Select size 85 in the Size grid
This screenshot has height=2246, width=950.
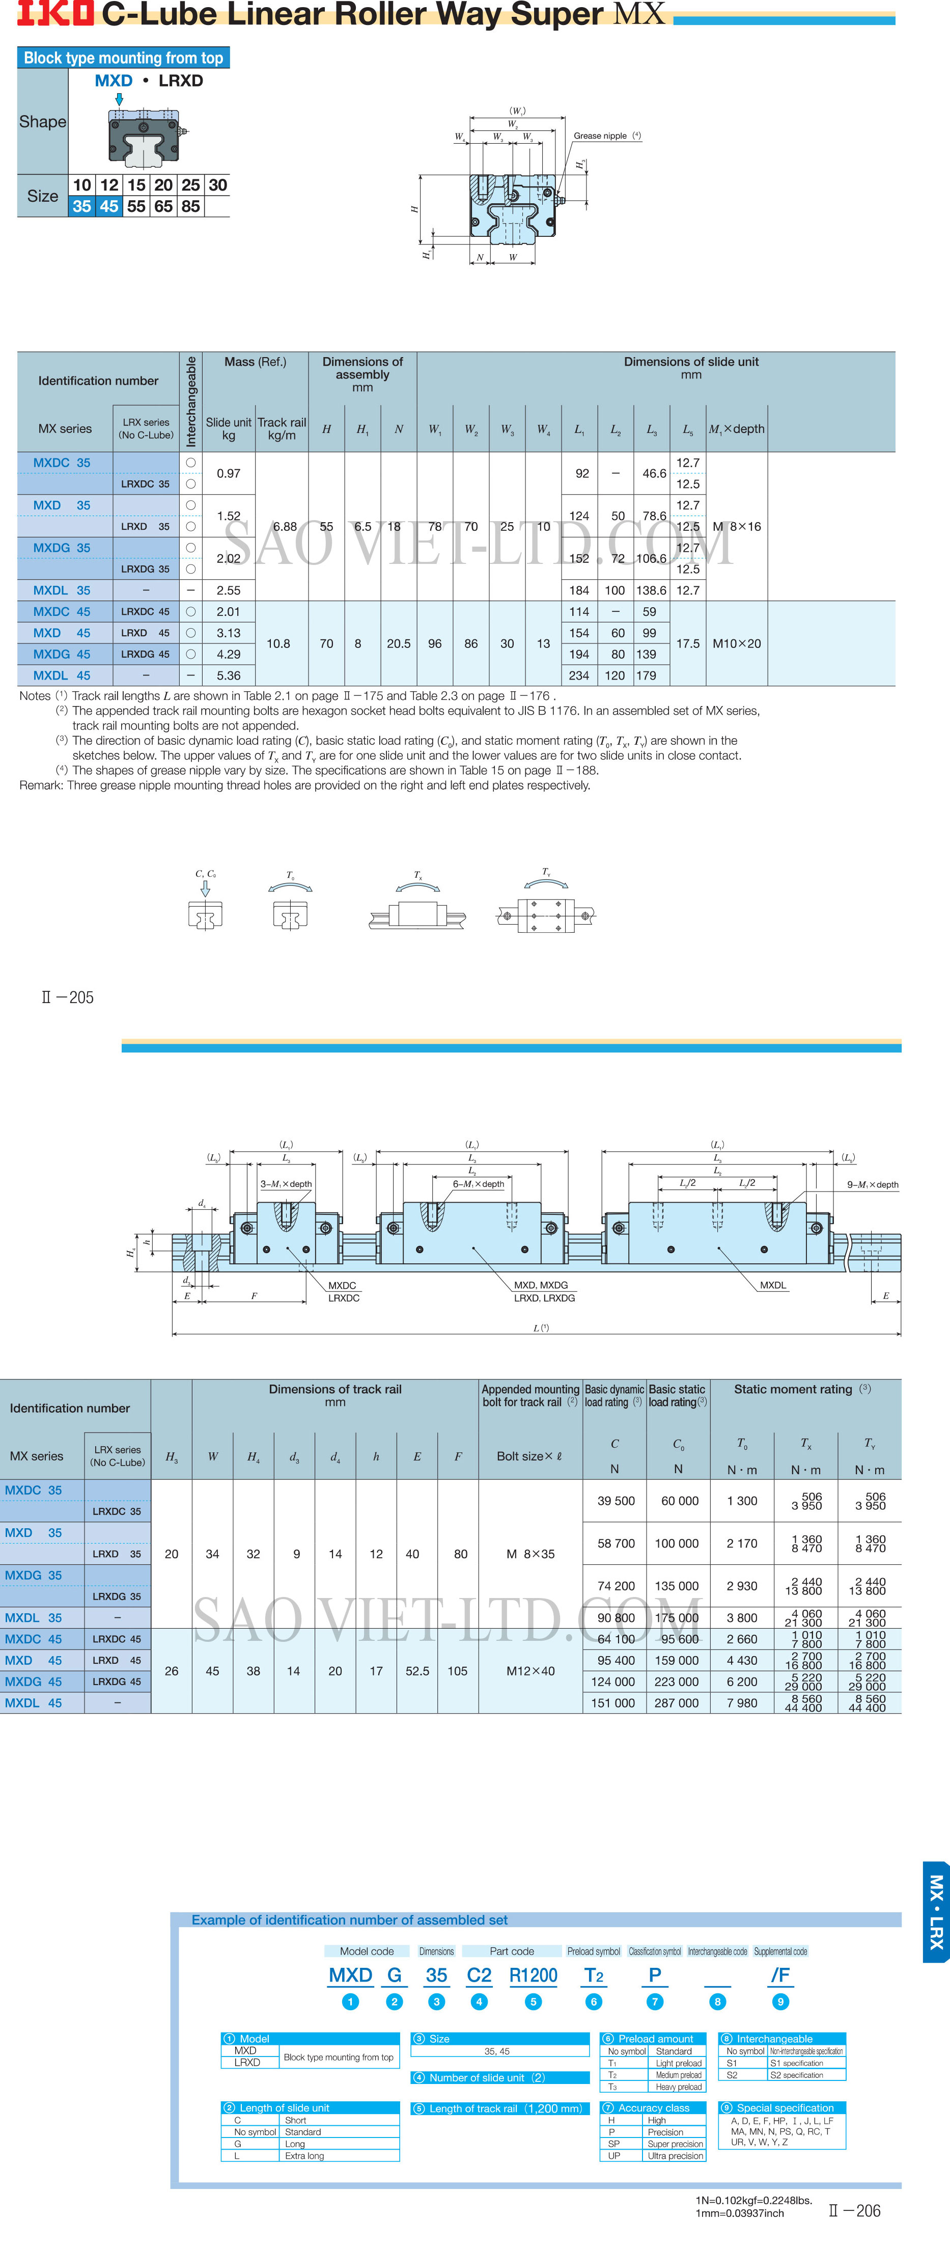tap(191, 207)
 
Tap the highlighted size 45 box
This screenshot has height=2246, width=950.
tap(109, 207)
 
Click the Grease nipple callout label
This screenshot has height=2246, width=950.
tap(601, 136)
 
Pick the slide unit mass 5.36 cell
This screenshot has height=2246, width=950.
tap(229, 675)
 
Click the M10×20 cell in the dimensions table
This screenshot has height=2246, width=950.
tap(737, 643)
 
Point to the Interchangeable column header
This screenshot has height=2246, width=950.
tap(191, 401)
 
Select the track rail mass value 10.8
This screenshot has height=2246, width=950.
tap(278, 643)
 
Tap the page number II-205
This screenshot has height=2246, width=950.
tap(68, 997)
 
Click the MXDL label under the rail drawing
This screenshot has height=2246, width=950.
tap(772, 1285)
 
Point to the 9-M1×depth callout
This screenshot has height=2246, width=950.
tap(873, 1185)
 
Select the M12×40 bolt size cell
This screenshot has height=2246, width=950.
tap(530, 1671)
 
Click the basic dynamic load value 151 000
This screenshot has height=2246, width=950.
tap(613, 1703)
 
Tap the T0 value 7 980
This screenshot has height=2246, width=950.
tap(742, 1703)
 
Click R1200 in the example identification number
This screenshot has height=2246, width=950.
tap(533, 1976)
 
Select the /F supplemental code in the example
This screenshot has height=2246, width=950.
tap(780, 1976)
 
